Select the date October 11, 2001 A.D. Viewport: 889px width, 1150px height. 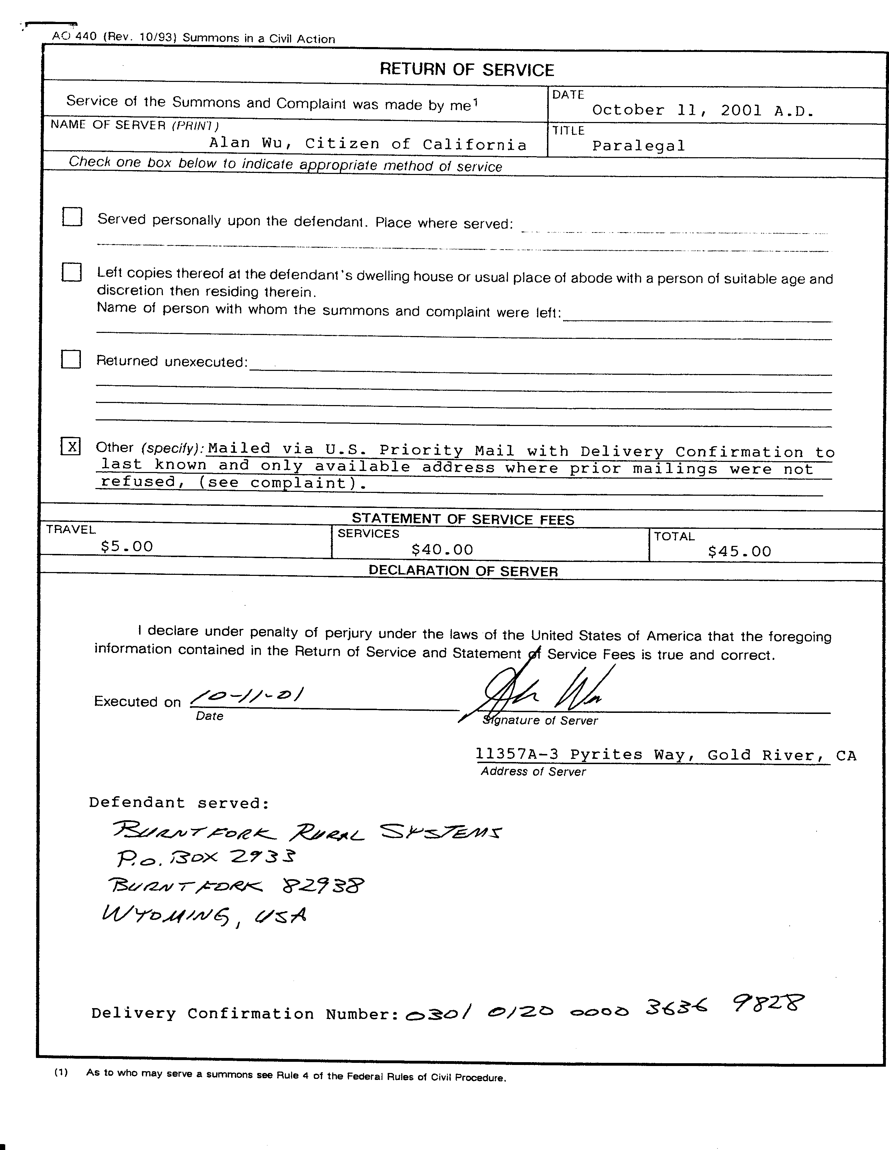(x=702, y=111)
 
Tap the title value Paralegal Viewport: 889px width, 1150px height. (x=638, y=146)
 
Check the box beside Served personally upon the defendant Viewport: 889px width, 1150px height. (x=72, y=217)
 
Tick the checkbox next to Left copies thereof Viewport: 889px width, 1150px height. (x=71, y=272)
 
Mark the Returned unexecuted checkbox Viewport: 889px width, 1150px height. (x=71, y=359)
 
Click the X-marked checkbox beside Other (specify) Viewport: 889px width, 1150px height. (x=71, y=447)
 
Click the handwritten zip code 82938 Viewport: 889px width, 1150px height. (x=322, y=886)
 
